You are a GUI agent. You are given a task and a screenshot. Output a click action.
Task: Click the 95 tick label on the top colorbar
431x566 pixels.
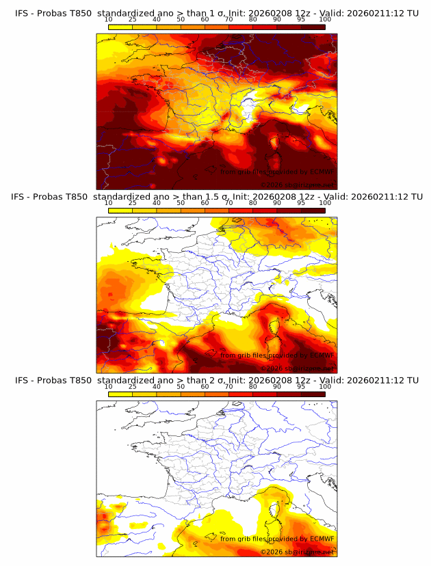pyautogui.click(x=301, y=19)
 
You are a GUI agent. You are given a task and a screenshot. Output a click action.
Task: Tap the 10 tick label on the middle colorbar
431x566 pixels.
pyautogui.click(x=108, y=202)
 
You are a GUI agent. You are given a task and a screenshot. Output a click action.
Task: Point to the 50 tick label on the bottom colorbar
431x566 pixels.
pyautogui.click(x=181, y=386)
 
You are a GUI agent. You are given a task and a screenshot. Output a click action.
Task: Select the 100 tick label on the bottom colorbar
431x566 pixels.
pyautogui.click(x=325, y=386)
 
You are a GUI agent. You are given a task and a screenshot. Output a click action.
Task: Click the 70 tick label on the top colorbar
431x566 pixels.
pyautogui.click(x=228, y=19)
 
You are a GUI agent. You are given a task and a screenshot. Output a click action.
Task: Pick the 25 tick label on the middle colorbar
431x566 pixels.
pyautogui.click(x=132, y=202)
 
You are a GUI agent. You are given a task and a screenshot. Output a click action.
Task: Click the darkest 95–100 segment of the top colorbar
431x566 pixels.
pyautogui.click(x=313, y=27)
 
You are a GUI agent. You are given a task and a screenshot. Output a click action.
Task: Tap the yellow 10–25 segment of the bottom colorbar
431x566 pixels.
pyautogui.click(x=120, y=394)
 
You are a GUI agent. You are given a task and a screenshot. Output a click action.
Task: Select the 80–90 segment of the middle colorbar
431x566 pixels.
pyautogui.click(x=265, y=210)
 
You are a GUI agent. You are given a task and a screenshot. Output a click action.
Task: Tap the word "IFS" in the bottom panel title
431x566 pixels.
pyautogui.click(x=22, y=380)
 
